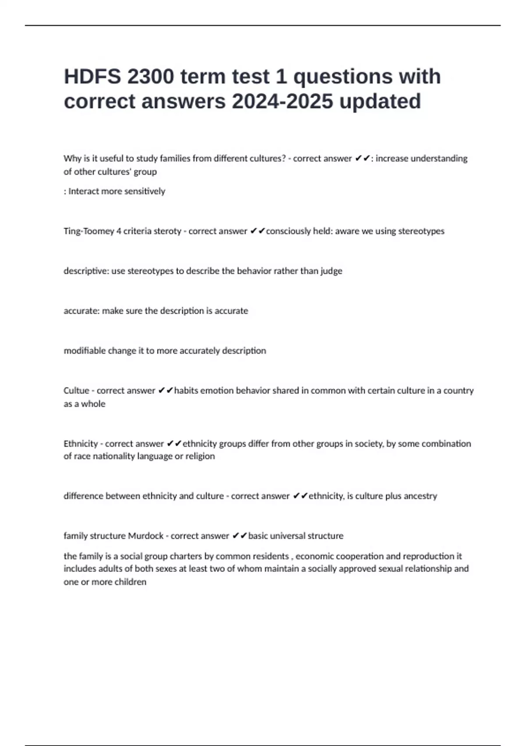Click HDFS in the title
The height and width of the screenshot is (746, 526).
[x=92, y=77]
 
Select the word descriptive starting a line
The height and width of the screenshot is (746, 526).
[x=86, y=271]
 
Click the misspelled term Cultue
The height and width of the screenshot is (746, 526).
[x=76, y=391]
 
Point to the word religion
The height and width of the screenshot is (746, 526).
[x=200, y=456]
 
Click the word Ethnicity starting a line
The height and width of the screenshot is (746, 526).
[x=81, y=444]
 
